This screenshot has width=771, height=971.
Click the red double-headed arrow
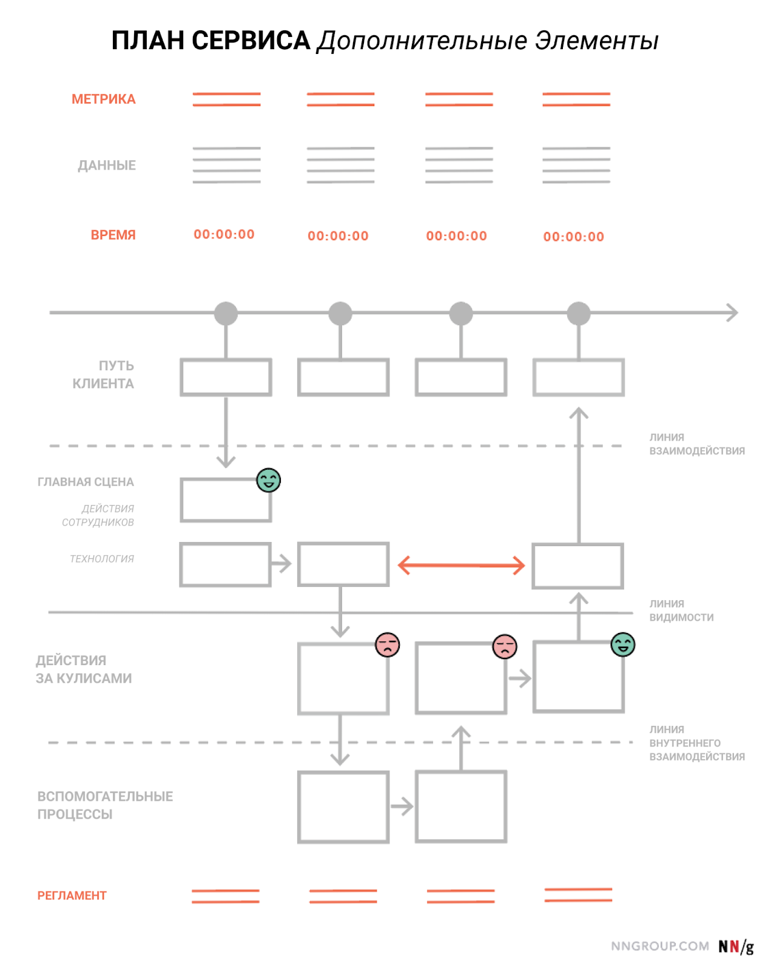460,565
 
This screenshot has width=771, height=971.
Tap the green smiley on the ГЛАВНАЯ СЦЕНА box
269,479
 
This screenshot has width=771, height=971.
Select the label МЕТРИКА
103,99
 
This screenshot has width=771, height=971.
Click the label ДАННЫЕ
107,165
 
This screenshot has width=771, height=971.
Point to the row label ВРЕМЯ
113,235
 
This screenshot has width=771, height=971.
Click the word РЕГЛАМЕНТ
72,895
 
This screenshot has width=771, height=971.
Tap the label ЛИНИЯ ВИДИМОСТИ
681,610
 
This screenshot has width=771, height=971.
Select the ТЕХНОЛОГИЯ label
102,558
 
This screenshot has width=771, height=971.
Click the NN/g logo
736,946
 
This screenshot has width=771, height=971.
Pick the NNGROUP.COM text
659,946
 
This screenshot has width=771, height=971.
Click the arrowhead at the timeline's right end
733,312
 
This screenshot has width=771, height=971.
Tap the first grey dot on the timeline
226,313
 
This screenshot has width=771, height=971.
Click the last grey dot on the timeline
578,313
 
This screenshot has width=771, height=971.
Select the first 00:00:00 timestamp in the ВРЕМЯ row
224,234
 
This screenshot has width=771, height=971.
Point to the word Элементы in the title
596,41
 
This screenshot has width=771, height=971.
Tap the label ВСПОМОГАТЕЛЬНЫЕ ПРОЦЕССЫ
105,805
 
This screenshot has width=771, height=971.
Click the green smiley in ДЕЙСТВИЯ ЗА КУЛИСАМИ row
622,644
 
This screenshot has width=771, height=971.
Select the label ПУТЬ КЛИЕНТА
103,374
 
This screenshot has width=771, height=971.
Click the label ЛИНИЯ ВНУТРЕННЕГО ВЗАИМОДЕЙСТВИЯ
697,743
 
